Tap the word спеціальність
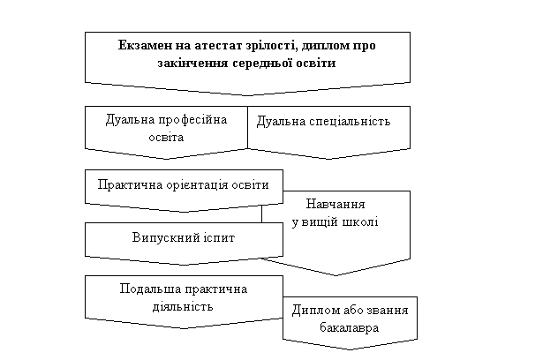tap(350, 122)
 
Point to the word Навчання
tap(336, 204)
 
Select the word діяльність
tap(183, 307)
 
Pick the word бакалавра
tap(349, 327)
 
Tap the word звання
tap(387, 311)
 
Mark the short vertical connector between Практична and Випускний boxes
tap(262, 214)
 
